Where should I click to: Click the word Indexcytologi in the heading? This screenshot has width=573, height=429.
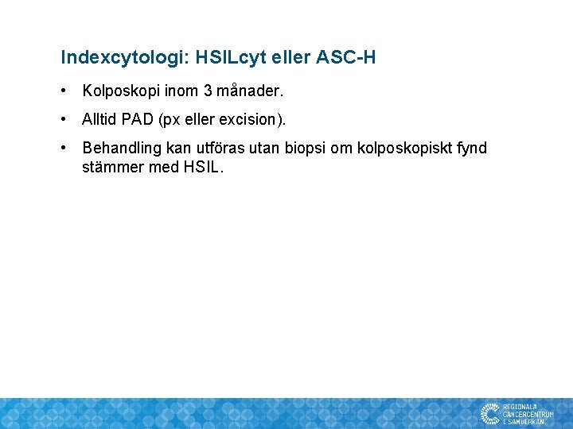pos(111,58)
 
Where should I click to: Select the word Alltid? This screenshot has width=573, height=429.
pos(99,120)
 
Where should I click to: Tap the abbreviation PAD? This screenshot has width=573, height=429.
pos(138,120)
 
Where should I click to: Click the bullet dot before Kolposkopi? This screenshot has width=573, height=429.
pos(64,91)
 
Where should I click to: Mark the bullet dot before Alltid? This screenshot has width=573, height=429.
pos(64,120)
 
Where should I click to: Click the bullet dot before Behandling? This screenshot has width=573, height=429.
pos(64,149)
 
